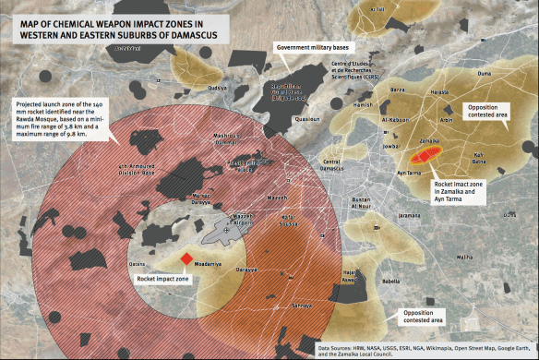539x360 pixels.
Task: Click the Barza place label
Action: pyautogui.click(x=398, y=90)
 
